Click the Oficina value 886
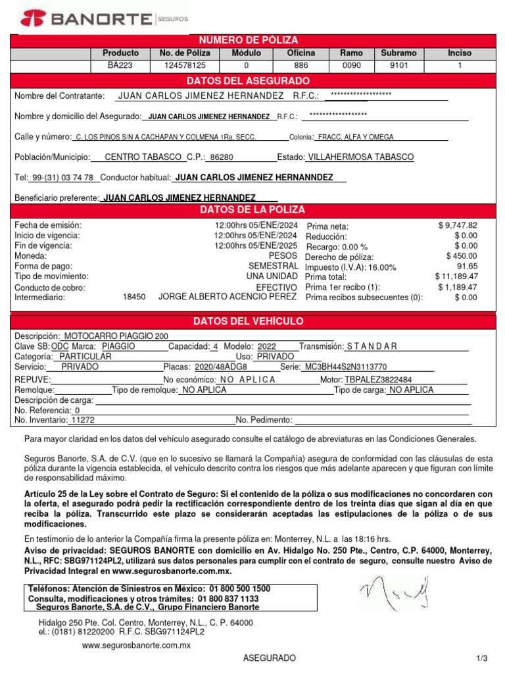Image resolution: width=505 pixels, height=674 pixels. click(x=301, y=66)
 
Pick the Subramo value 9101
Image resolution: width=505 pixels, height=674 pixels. click(x=398, y=66)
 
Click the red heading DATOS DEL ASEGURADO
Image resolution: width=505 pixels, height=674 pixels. click(x=248, y=81)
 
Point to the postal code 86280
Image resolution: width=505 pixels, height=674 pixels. click(x=220, y=158)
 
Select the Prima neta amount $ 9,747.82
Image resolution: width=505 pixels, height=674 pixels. click(x=458, y=225)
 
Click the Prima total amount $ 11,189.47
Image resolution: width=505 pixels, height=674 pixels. click(x=456, y=276)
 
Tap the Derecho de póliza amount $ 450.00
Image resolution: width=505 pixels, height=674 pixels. click(x=462, y=256)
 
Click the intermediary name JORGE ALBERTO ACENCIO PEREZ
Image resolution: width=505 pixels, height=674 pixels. click(x=228, y=297)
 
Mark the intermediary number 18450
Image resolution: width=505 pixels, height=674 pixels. click(x=134, y=297)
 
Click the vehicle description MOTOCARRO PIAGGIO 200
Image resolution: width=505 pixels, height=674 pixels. click(x=116, y=336)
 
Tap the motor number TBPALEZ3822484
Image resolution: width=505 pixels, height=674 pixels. click(x=379, y=380)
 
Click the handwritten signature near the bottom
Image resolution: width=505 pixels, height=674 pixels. click(x=394, y=592)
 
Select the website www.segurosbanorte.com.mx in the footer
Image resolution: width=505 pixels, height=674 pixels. click(x=136, y=645)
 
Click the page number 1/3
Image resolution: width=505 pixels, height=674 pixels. click(x=483, y=658)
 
